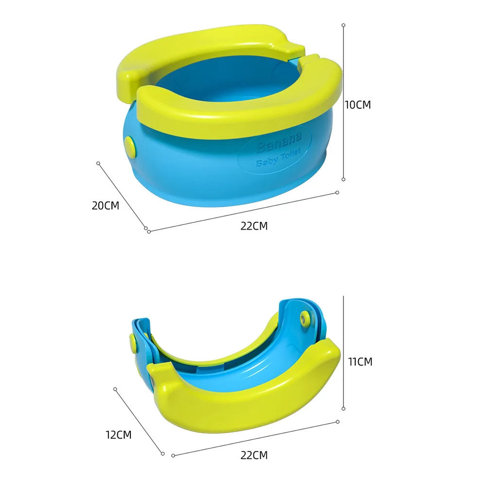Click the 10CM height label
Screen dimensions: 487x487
tap(358, 105)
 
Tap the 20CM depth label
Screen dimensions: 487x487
tap(105, 205)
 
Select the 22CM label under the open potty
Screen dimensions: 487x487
tap(254, 226)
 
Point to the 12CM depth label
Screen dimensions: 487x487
tap(118, 435)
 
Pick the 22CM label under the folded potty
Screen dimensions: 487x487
tap(254, 455)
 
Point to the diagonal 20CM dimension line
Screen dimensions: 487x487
tap(122, 195)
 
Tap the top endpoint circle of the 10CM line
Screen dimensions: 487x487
tap(343, 24)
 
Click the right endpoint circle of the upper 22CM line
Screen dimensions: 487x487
tap(337, 193)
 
